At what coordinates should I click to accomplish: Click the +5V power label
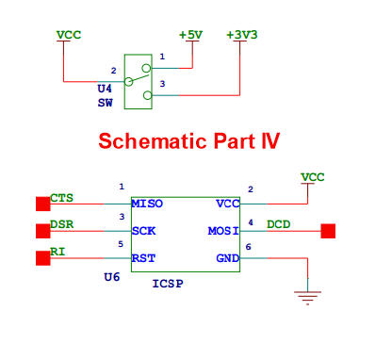[x=191, y=35]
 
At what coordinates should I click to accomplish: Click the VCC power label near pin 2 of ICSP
[x=312, y=176]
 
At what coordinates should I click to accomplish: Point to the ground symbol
[x=305, y=298]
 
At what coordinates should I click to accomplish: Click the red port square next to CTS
[x=42, y=204]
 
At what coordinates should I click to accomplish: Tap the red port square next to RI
[x=42, y=257]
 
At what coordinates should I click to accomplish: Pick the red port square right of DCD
[x=328, y=230]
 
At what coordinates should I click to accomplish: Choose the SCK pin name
[x=144, y=230]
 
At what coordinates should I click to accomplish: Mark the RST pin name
[x=144, y=257]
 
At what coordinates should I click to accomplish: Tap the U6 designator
[x=111, y=279]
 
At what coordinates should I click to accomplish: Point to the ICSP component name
[x=168, y=283]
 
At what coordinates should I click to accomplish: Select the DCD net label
[x=279, y=224]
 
